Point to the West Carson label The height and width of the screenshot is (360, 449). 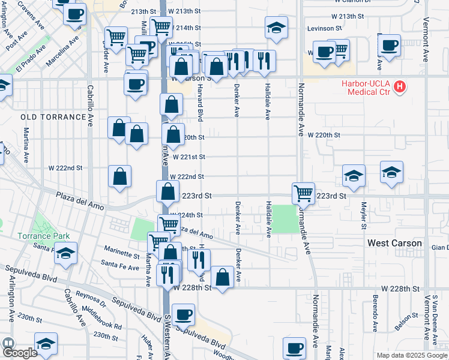click(394, 244)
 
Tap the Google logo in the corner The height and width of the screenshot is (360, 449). click(20, 353)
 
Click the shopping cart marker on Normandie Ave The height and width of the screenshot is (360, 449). click(303, 193)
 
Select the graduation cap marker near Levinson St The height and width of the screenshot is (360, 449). click(276, 27)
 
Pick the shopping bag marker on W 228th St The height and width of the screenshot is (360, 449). click(222, 277)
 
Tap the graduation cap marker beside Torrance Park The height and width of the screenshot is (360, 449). click(66, 253)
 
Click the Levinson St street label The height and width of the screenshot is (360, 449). click(325, 28)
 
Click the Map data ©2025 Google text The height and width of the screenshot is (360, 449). click(411, 355)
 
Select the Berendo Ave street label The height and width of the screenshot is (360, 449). click(374, 308)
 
